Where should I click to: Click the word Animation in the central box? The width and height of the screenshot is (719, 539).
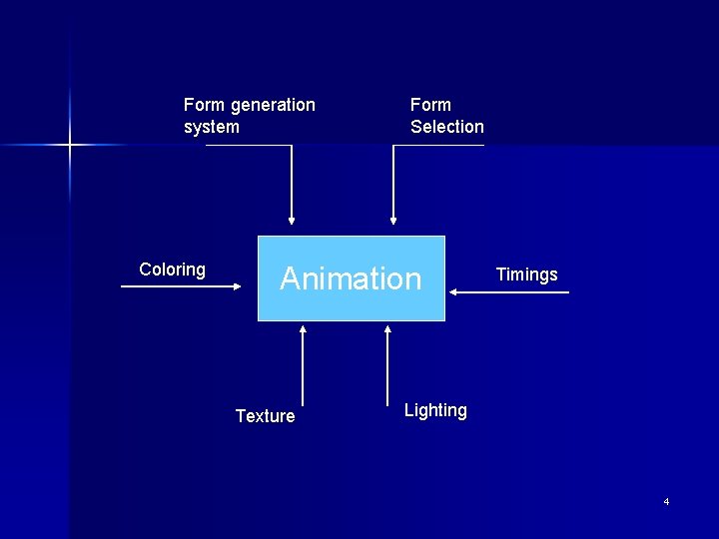point(351,278)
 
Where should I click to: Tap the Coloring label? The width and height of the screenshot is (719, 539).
point(172,269)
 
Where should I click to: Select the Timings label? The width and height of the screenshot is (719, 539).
point(526,274)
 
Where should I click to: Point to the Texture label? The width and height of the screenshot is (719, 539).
point(265,416)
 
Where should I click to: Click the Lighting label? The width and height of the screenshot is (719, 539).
point(435,410)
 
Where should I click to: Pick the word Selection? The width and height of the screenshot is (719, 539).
point(446,127)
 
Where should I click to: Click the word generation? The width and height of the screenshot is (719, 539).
point(273,105)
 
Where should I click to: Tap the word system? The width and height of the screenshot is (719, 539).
point(212,127)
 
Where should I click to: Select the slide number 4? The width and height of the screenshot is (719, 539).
point(666,501)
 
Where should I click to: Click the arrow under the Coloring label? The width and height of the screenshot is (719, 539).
point(180,286)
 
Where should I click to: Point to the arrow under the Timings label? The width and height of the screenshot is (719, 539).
point(509,291)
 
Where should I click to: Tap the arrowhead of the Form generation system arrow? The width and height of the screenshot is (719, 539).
point(292,221)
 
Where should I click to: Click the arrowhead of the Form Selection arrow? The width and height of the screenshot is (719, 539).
point(393,221)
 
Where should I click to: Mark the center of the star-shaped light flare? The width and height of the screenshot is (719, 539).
point(70,146)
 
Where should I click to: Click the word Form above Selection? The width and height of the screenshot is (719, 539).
point(430,105)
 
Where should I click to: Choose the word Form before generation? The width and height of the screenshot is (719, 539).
point(205,105)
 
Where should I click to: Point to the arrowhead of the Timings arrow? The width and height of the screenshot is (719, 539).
point(453,291)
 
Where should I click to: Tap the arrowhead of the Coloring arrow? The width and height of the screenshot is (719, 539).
point(238,286)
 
